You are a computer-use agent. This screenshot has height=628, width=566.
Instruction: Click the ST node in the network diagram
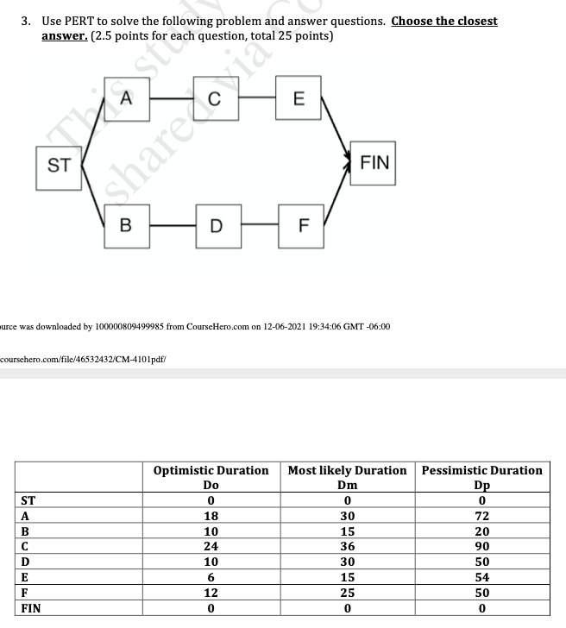(x=58, y=165)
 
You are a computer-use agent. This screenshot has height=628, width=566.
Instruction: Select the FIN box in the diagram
(x=374, y=163)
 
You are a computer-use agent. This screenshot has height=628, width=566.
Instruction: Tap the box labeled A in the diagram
(x=126, y=98)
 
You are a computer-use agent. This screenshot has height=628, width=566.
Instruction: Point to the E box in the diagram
(x=298, y=98)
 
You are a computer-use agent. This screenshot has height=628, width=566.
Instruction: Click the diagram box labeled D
(x=215, y=226)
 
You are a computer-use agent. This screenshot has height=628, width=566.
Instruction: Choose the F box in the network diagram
(x=301, y=226)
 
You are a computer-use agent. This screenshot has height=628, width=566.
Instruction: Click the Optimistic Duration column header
(x=211, y=470)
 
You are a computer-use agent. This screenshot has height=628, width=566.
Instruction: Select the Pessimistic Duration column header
(x=481, y=470)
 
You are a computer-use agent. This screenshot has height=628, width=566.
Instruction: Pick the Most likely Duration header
(x=347, y=470)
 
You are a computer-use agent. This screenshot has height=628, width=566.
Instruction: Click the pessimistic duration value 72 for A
(x=481, y=515)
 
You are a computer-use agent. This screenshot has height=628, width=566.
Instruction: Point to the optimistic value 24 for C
(x=211, y=546)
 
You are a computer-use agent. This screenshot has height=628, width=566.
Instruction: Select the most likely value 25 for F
(x=347, y=593)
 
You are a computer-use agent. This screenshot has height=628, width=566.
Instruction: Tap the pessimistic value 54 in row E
(x=481, y=577)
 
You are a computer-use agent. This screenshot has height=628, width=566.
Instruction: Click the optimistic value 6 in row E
(x=211, y=577)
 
